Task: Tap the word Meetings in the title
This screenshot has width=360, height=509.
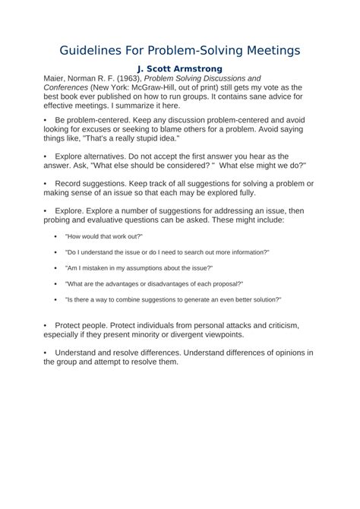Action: [267, 50]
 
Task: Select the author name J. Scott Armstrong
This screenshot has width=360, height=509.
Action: [179, 69]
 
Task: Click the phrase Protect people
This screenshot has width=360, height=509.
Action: [84, 324]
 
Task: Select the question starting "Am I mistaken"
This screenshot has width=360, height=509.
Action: [138, 267]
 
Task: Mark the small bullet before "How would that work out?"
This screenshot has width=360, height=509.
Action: [56, 236]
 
